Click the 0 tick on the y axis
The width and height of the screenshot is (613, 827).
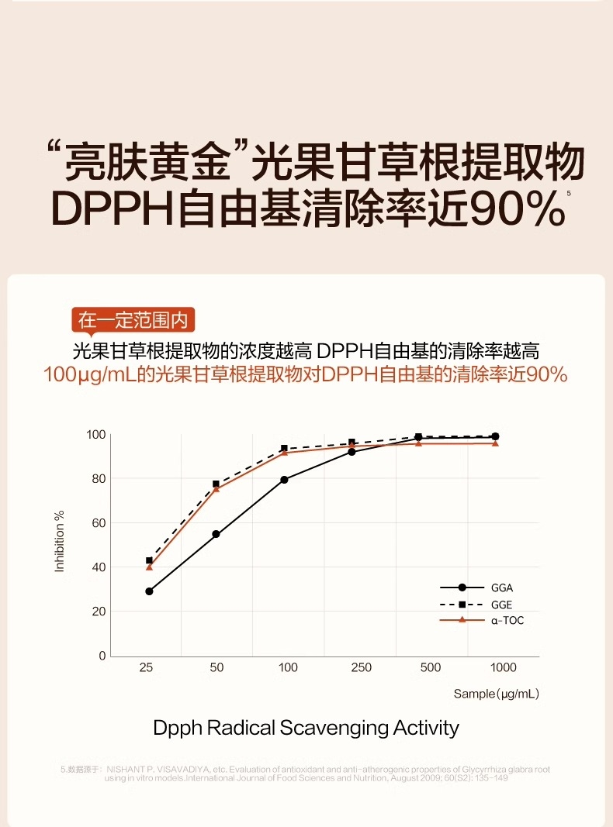102,656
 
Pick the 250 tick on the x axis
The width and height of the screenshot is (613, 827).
361,667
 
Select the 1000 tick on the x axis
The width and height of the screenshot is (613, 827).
503,667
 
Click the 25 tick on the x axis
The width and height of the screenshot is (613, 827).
146,667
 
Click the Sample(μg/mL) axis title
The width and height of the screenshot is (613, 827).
496,694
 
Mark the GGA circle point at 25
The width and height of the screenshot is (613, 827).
149,591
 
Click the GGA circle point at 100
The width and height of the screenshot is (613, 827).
285,480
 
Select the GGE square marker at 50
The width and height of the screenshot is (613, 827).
216,484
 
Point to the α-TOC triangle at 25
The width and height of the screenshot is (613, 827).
149,567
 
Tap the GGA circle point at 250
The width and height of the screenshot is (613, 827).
352,451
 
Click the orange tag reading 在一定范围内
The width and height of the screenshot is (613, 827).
133,319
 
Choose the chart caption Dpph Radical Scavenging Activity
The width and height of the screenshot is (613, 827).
306,728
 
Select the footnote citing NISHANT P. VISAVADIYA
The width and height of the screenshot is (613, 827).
306,774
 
